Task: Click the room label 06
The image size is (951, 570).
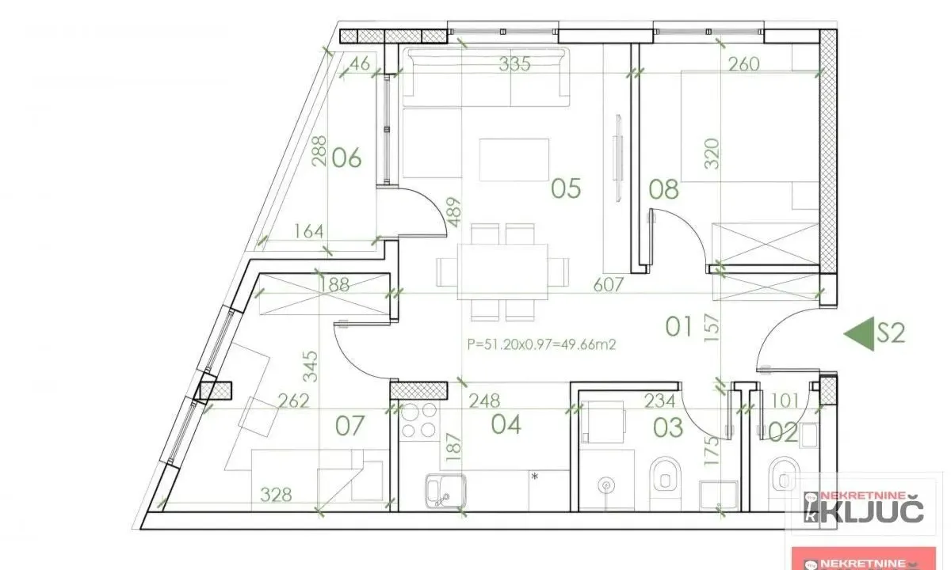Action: click(347, 158)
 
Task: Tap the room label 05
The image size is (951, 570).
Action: click(567, 188)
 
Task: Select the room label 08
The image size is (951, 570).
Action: click(663, 189)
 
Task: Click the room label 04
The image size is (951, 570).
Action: click(506, 425)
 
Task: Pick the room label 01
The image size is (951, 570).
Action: click(678, 325)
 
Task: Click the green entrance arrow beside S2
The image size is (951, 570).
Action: click(857, 333)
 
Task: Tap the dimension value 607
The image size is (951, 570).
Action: click(609, 283)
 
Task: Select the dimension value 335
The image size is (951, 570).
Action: click(514, 65)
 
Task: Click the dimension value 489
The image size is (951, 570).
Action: click(453, 212)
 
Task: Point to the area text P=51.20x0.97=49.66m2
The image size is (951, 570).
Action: click(542, 344)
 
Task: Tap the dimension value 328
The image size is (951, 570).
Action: click(276, 496)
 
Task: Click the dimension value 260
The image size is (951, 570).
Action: click(743, 65)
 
